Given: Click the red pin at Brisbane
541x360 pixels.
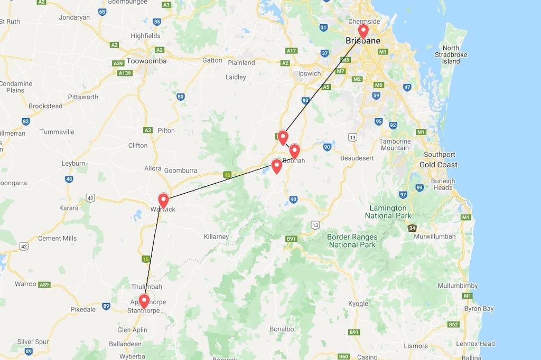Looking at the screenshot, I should (x=363, y=31).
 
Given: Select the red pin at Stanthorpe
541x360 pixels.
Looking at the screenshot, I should (x=143, y=300).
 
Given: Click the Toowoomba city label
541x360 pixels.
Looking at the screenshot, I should (x=146, y=61).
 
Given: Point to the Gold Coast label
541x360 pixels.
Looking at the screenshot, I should (x=439, y=165).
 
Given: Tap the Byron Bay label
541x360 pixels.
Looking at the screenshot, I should (x=479, y=309).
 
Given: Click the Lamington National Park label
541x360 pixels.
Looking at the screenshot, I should (x=388, y=212).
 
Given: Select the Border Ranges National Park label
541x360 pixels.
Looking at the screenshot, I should (x=352, y=241).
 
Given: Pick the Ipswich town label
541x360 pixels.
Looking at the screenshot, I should (x=310, y=73).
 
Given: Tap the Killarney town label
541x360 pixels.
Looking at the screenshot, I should (x=216, y=237).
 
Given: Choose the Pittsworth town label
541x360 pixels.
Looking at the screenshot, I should (x=83, y=97).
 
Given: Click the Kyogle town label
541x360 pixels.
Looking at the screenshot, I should (x=358, y=304).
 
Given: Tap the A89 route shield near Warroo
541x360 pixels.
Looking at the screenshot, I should (x=44, y=284).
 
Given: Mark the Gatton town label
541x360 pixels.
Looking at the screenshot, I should (x=212, y=60).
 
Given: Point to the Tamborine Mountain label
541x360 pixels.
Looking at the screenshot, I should (x=395, y=145).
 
